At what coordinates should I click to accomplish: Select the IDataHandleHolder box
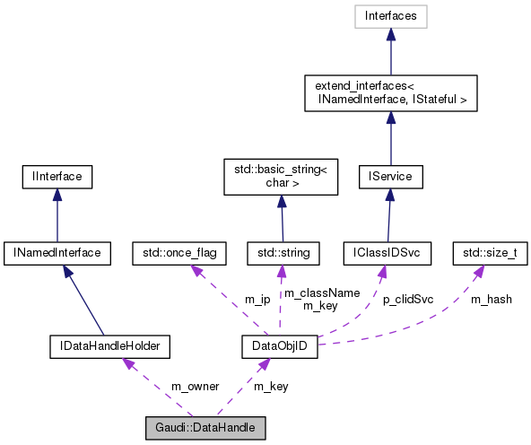[x=109, y=345]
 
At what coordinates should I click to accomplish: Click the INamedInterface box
[x=57, y=253]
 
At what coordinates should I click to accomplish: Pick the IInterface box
[x=57, y=177]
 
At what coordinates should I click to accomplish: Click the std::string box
[x=282, y=253]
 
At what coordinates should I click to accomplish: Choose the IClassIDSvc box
[x=387, y=253]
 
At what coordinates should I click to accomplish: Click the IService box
[x=390, y=177]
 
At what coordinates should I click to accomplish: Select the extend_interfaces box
[x=390, y=93]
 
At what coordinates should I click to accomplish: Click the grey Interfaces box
[x=390, y=15]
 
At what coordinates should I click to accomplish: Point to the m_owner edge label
[x=195, y=387]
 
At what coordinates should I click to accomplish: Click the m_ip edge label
[x=257, y=299]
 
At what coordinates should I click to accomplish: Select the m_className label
[x=309, y=292]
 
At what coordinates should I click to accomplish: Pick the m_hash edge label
[x=492, y=299]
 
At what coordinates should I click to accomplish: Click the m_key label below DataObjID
[x=271, y=387]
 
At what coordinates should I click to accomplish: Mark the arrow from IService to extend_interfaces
[x=390, y=138]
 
